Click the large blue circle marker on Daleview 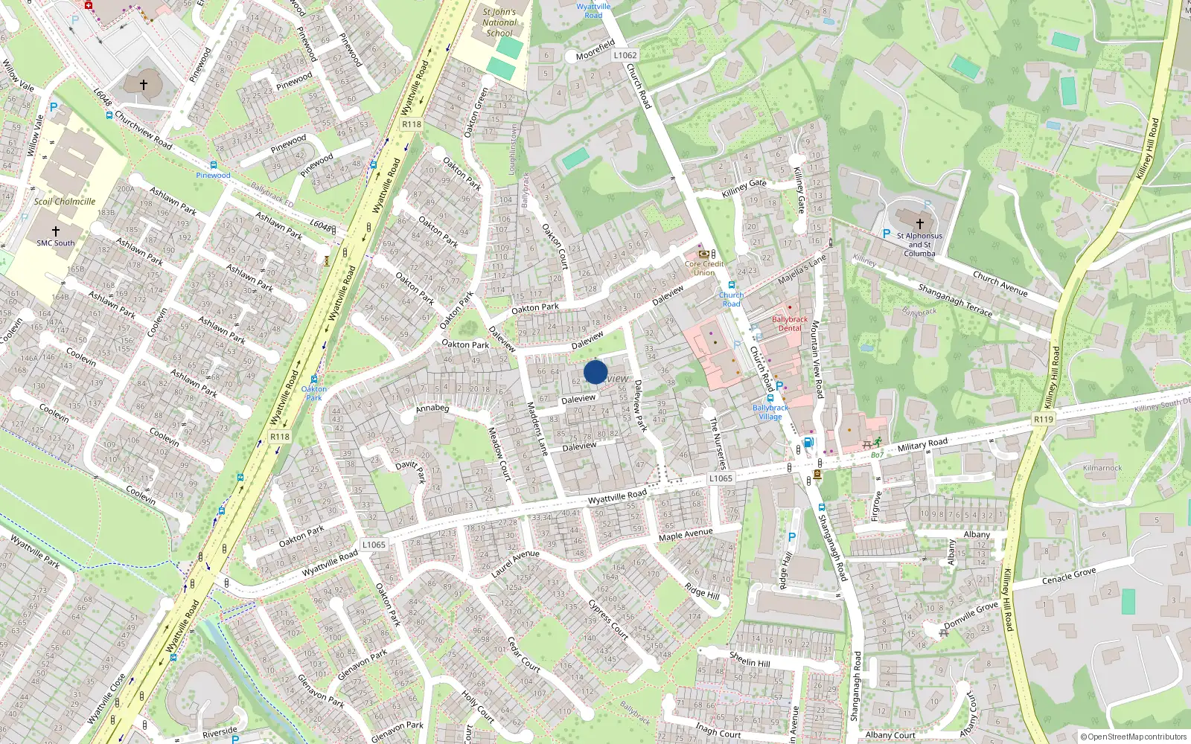coord(595,372)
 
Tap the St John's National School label coord(499,22)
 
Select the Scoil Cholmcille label coord(65,202)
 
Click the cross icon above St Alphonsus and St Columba coord(920,222)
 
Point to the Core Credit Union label coord(704,268)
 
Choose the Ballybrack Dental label coord(790,324)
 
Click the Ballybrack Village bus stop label coord(770,412)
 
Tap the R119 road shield coord(1044,420)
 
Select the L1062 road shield coord(625,55)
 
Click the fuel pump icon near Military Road coord(808,443)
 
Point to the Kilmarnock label coord(1102,468)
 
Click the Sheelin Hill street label coord(750,658)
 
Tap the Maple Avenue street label coord(686,535)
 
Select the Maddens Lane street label coord(537,429)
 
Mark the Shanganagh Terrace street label coord(955,300)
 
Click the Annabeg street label coord(432,408)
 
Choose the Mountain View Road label coord(817,359)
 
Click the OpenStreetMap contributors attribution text coord(1137,737)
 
